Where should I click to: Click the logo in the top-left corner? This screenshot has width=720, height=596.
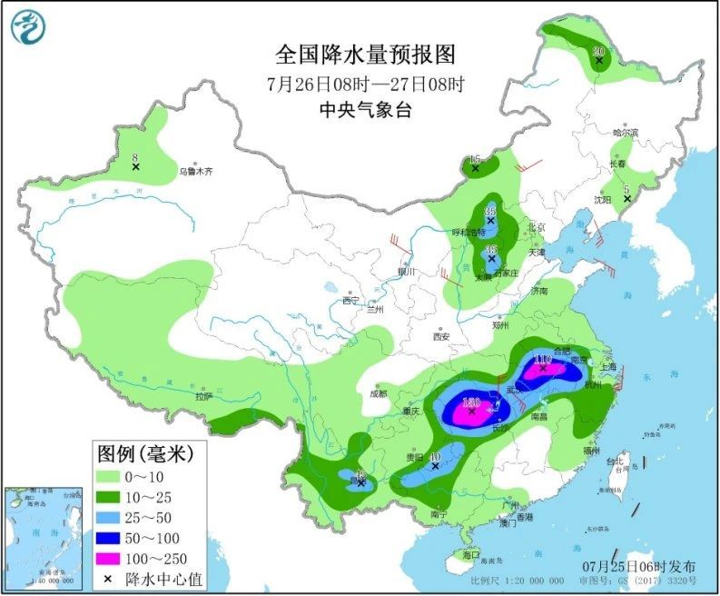click(x=28, y=26)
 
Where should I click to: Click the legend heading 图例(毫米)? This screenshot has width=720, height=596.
click(x=140, y=452)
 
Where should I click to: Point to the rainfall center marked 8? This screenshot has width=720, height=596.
click(x=135, y=166)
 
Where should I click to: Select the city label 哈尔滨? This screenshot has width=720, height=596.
click(x=626, y=133)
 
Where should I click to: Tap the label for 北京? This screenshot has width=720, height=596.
click(x=537, y=228)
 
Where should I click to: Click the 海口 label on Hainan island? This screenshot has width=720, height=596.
click(x=469, y=554)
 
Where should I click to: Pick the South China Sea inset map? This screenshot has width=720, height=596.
click(x=39, y=535)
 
